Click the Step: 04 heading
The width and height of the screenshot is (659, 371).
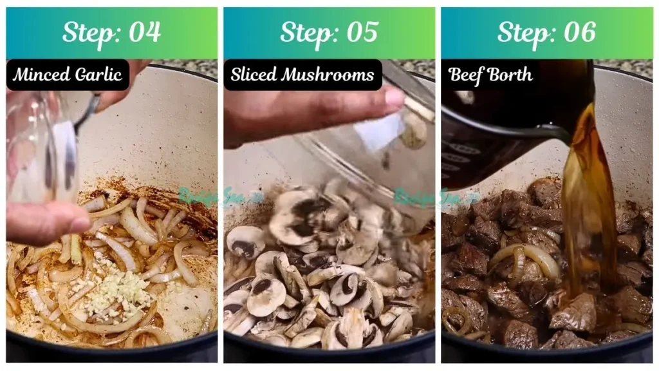pos(111,33)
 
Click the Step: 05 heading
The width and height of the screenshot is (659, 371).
pos(329,33)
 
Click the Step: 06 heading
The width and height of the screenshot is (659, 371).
pos(546,33)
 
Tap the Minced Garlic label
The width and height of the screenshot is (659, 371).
pos(68,75)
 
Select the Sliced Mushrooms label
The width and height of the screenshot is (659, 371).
pos(302,75)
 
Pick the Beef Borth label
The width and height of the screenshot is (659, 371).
pos(490,75)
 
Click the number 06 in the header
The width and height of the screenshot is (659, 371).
pos(579,33)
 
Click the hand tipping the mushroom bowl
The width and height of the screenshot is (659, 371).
pos(302,116)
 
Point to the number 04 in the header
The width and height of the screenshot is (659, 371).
pos(144,33)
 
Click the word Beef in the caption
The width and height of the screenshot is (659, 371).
pos(465,75)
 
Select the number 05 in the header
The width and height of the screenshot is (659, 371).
pos(362,33)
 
